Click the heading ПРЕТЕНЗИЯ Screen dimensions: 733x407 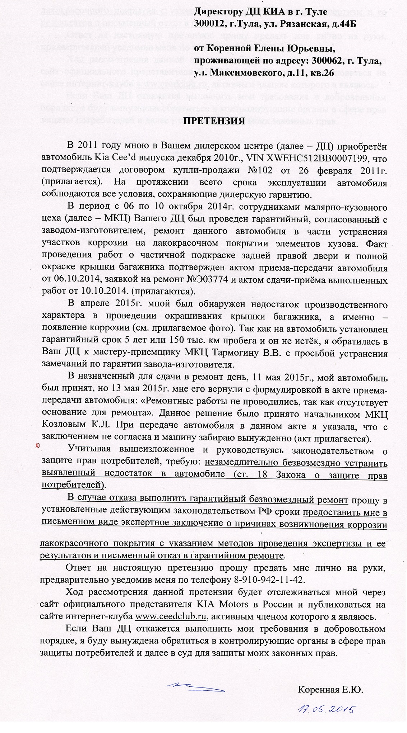click(214, 121)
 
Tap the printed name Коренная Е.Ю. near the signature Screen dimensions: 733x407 click(330, 690)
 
